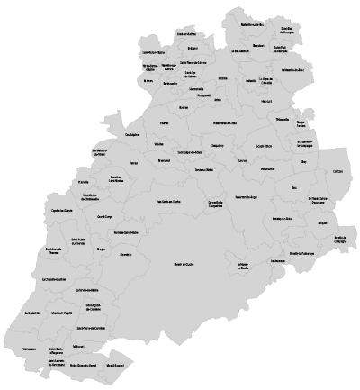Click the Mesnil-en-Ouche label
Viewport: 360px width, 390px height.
(x=184, y=265)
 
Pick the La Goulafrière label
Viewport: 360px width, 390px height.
(x=30, y=313)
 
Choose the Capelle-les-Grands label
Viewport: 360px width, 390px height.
(x=62, y=211)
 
